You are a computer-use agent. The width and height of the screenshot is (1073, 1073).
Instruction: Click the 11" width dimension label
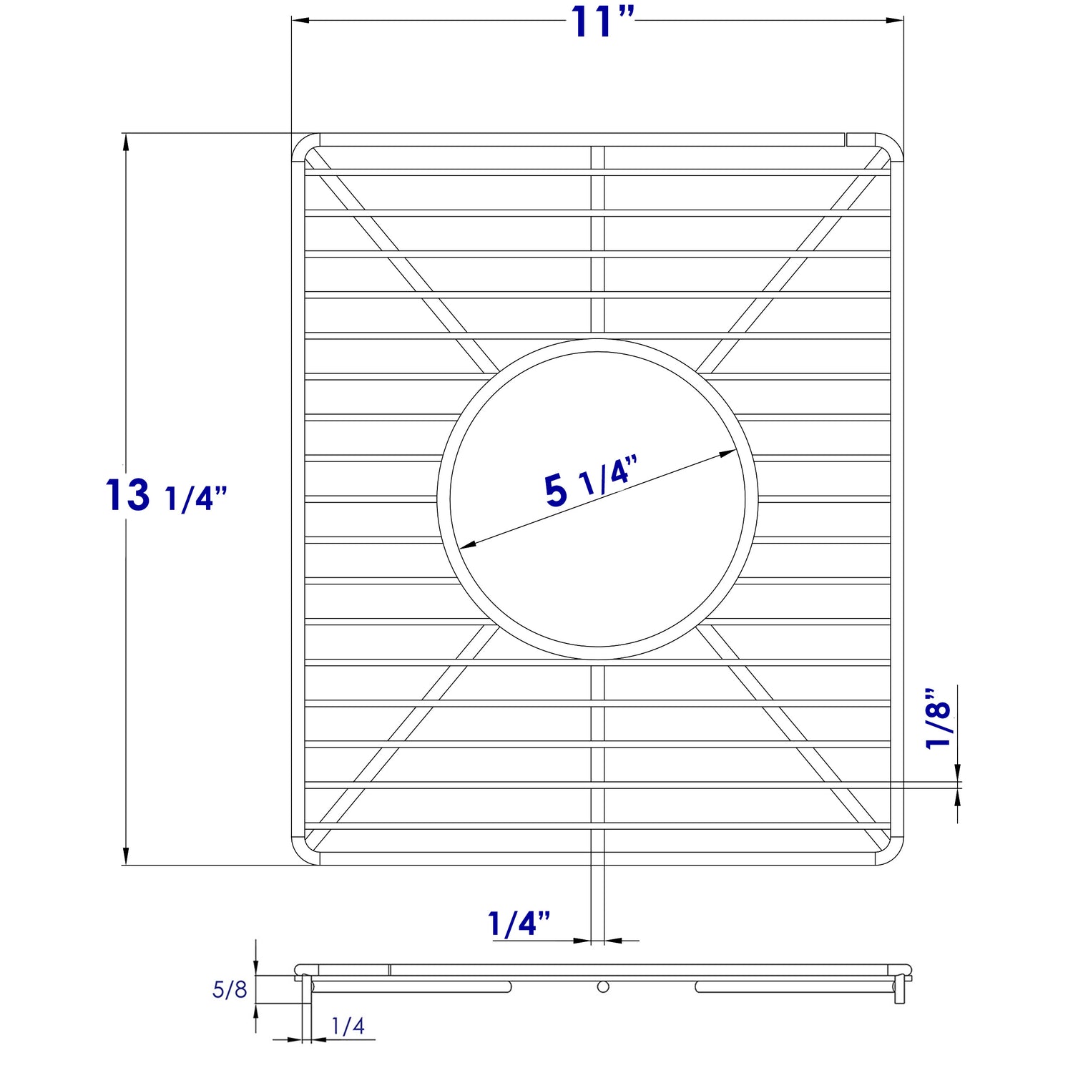pos(602,22)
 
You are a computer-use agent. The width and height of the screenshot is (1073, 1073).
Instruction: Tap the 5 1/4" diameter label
pos(589,482)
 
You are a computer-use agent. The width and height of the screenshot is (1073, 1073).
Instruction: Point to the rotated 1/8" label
pos(938,720)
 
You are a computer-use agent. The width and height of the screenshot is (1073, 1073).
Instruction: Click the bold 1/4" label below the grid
pos(519,923)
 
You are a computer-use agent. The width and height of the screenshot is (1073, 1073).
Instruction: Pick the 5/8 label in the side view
pos(230,990)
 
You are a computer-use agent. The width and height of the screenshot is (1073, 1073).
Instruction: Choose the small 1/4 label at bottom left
pos(348,1027)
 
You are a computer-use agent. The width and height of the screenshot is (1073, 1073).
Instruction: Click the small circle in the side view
pos(603,987)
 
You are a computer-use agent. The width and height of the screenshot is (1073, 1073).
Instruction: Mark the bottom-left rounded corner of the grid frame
pos(303,854)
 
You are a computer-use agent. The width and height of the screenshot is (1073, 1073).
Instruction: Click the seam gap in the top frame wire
pos(845,139)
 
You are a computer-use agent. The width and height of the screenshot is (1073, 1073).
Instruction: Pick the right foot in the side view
pos(900,991)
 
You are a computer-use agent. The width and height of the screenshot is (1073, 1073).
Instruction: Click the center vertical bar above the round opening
pos(597,243)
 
